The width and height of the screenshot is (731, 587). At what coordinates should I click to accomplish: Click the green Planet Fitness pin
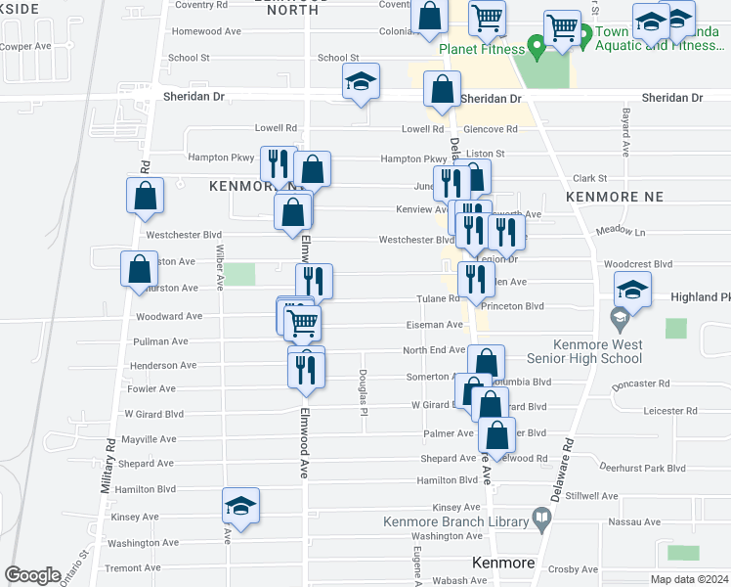[x=536, y=46]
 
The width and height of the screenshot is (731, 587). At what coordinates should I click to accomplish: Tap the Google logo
[x=32, y=575]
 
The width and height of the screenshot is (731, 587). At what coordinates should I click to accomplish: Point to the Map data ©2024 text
[x=688, y=579]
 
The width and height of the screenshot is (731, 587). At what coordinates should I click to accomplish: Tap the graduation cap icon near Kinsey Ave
[x=240, y=506]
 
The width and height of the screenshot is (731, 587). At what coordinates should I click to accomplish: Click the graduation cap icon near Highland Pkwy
[x=632, y=289]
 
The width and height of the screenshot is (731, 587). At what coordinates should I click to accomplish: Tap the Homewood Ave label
[x=205, y=31]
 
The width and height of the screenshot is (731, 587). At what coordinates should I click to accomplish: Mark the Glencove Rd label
[x=491, y=129]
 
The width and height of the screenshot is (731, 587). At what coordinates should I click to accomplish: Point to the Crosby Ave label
[x=574, y=568]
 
